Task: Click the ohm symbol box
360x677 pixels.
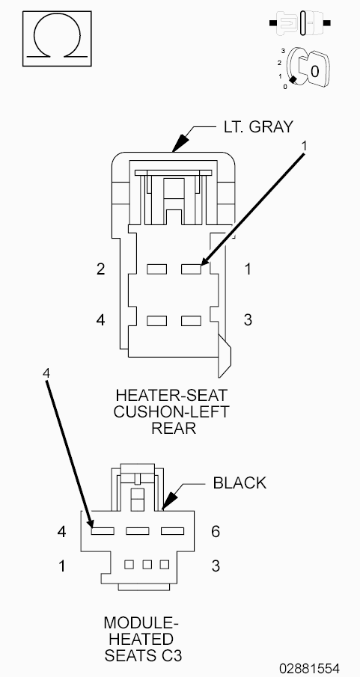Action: click(x=57, y=38)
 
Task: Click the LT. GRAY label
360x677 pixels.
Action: click(x=258, y=126)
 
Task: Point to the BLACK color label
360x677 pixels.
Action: click(x=240, y=483)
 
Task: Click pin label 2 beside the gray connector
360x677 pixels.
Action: click(x=101, y=269)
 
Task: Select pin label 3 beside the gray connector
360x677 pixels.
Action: click(x=248, y=320)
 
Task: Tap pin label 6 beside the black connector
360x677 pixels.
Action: click(x=216, y=531)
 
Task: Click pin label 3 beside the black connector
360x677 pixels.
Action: click(x=216, y=566)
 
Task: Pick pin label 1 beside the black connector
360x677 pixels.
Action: click(x=62, y=566)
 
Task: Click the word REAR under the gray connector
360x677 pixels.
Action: click(x=174, y=428)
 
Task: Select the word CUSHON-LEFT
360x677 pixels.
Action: click(x=171, y=411)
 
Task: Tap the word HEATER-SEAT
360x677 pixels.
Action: click(x=171, y=395)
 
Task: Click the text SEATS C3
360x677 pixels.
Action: click(x=143, y=656)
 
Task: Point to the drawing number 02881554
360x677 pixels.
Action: click(x=309, y=667)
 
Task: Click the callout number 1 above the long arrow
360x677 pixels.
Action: click(x=304, y=146)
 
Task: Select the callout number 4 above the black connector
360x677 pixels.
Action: click(x=46, y=373)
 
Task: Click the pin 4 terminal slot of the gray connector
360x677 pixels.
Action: click(x=157, y=321)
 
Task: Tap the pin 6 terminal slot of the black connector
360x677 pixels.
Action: click(x=172, y=530)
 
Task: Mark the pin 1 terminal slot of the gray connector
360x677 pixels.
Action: click(x=191, y=269)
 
